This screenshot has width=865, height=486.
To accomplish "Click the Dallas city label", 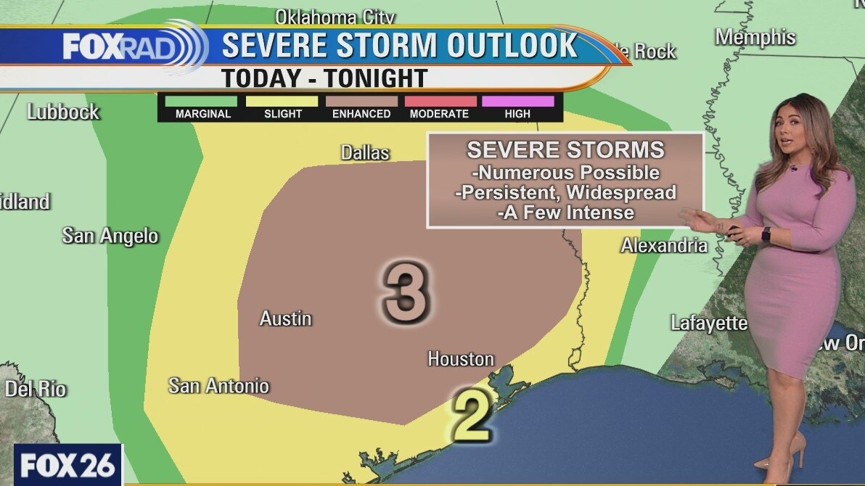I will click(x=365, y=153).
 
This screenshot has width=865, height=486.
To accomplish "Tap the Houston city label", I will click(x=460, y=359).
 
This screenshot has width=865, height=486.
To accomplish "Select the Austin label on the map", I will click(x=286, y=318).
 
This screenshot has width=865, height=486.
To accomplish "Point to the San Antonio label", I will click(x=218, y=386).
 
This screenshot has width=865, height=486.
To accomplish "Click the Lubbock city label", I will click(x=63, y=112).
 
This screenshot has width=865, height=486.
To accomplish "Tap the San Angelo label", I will click(x=110, y=236).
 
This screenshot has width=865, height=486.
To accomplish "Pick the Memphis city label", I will click(x=755, y=37).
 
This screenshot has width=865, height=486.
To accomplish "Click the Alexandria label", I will click(x=663, y=246).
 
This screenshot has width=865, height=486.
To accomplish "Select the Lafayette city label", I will click(x=708, y=324).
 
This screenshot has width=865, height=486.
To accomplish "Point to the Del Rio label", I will click(x=36, y=389).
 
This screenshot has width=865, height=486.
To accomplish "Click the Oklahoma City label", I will click(x=335, y=17).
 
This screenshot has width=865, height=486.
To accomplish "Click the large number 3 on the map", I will click(x=406, y=292).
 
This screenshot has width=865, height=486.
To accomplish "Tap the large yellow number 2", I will click(x=472, y=416).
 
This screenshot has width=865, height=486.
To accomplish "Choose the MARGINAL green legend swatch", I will click(x=202, y=102).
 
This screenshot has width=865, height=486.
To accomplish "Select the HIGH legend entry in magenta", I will click(x=517, y=102).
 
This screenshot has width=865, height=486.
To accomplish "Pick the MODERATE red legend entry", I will click(x=439, y=102).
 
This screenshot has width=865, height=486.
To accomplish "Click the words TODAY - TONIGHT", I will click(x=324, y=78).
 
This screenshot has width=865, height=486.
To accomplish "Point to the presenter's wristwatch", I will click(x=766, y=235).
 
